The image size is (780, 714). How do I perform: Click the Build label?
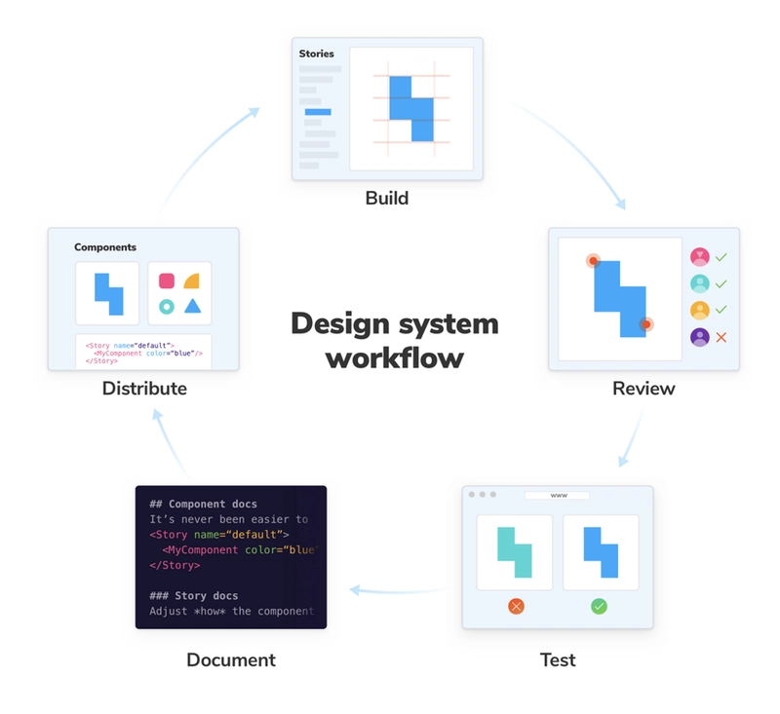[x=387, y=199]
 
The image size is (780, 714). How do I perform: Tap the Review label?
[x=643, y=389]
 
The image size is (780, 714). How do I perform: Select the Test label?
[x=558, y=659]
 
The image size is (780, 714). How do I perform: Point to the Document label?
[x=231, y=659]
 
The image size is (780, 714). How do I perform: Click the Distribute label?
[x=144, y=389]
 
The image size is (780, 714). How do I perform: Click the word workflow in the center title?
[x=394, y=357]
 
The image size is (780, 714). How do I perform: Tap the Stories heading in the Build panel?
[x=317, y=54]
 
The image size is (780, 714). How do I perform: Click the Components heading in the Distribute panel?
[x=105, y=247]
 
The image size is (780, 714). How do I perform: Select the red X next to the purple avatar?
[x=721, y=337]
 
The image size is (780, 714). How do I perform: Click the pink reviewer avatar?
[x=699, y=257]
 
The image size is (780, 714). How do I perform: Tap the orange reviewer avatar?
[x=699, y=311]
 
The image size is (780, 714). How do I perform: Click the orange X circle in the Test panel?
[x=516, y=606]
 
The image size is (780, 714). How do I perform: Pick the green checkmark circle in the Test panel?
[x=600, y=606]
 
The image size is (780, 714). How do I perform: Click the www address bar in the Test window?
[x=559, y=495]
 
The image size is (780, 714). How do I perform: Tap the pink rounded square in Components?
[x=167, y=281]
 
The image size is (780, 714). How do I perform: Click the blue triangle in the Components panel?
[x=193, y=306]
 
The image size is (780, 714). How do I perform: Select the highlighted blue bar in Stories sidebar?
[x=318, y=112]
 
